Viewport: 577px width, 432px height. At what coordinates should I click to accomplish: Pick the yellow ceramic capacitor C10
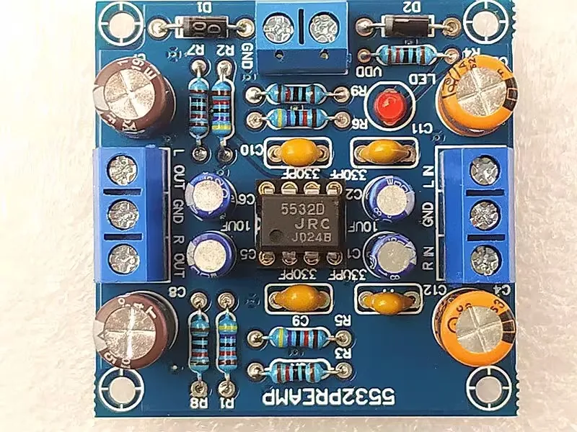click(296, 150)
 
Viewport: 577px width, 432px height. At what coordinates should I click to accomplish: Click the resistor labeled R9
click(295, 94)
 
